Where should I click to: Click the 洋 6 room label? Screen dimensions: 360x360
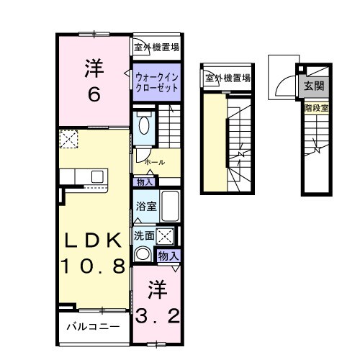(x=94, y=81)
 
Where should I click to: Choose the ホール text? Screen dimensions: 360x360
(x=153, y=163)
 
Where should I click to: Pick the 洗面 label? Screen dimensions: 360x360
(x=143, y=235)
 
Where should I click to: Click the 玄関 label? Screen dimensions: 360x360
(x=313, y=86)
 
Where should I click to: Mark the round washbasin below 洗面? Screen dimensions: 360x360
(x=143, y=253)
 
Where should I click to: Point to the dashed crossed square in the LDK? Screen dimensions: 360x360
(x=70, y=139)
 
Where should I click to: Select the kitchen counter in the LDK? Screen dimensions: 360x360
(x=83, y=176)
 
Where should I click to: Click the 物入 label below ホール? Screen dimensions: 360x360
(x=143, y=182)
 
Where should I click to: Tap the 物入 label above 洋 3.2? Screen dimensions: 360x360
(x=168, y=256)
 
